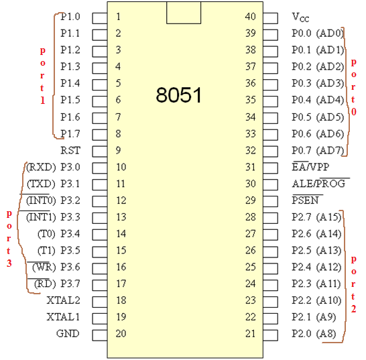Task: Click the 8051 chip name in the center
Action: (178, 95)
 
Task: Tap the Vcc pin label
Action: (300, 17)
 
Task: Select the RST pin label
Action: (70, 150)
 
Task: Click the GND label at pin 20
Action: (68, 333)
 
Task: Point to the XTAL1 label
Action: (63, 317)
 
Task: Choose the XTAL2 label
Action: (63, 300)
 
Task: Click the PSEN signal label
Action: (305, 200)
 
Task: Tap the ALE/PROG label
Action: (318, 184)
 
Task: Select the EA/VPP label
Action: (310, 167)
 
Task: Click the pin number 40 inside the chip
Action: (251, 17)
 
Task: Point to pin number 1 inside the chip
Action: (119, 17)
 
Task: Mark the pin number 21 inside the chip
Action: (251, 333)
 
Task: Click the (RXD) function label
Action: (41, 167)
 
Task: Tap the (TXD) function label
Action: (42, 184)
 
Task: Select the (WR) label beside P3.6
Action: (44, 267)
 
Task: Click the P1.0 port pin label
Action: (70, 17)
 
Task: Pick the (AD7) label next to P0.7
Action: (330, 151)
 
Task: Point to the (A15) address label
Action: (328, 217)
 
